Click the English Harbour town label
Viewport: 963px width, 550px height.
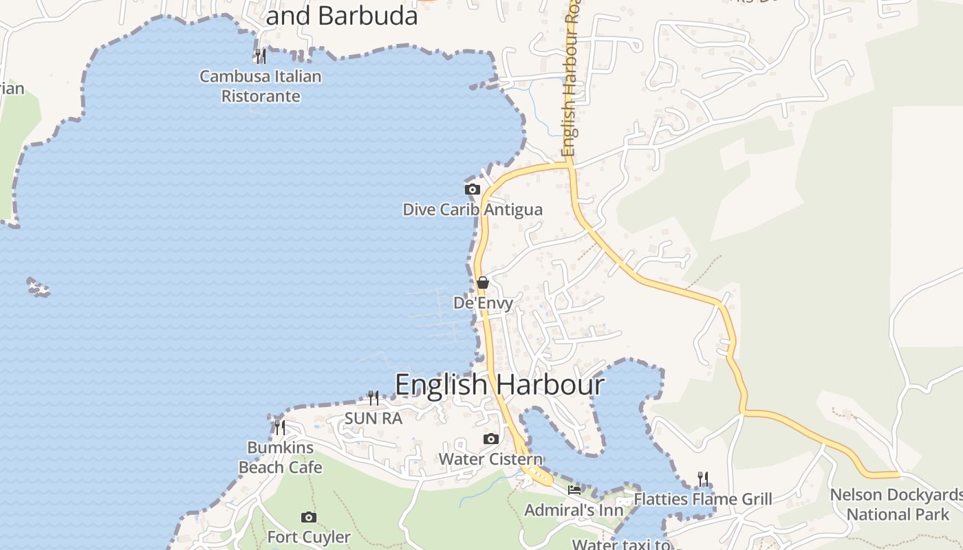(x=499, y=385)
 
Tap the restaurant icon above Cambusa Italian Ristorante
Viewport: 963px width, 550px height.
(x=260, y=56)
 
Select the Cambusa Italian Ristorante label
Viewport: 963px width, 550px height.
(x=261, y=86)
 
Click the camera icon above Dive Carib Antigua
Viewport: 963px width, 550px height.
(x=472, y=189)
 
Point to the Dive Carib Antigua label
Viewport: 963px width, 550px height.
(x=473, y=210)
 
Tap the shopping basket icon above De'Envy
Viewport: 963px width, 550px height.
(x=483, y=283)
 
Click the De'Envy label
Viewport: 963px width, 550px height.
(x=483, y=303)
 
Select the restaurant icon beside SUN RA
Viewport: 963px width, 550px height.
(x=373, y=397)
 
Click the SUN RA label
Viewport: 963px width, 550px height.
(x=373, y=418)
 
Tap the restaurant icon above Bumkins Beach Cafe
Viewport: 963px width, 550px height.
(x=279, y=427)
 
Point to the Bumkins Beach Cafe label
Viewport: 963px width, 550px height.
(x=280, y=457)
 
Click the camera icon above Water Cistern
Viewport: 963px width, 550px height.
(x=490, y=439)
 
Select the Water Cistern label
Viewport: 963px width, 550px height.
(x=490, y=459)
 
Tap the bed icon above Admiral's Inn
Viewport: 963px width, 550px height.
(x=574, y=489)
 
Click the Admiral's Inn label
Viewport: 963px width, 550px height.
(x=574, y=510)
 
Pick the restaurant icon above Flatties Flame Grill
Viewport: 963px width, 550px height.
(x=702, y=478)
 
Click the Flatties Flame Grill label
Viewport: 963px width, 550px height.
(x=703, y=499)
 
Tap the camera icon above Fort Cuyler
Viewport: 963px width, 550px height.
(x=309, y=517)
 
